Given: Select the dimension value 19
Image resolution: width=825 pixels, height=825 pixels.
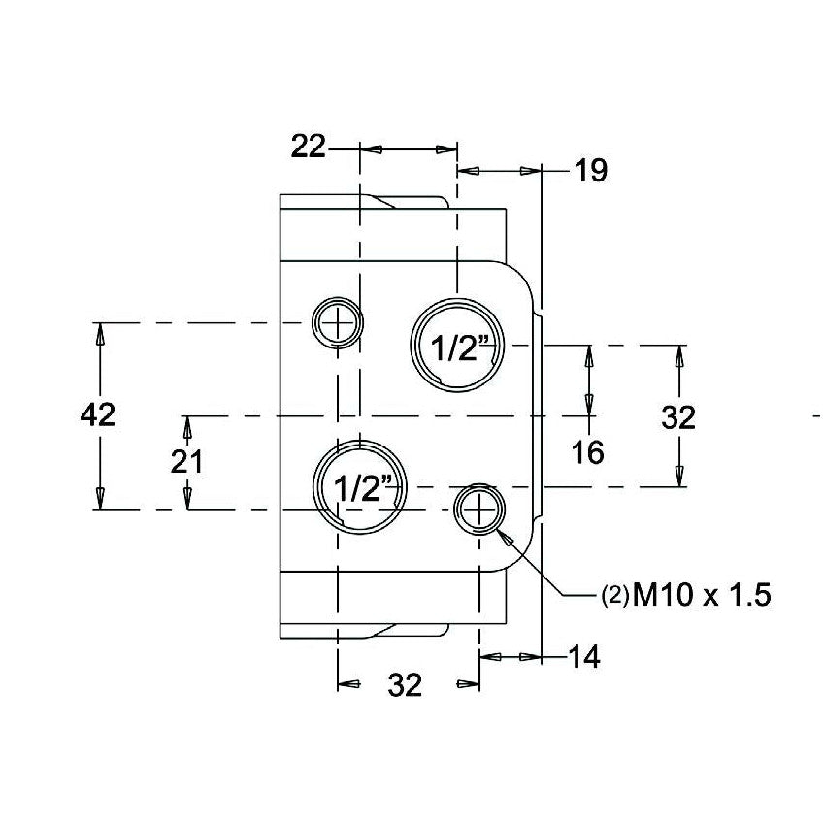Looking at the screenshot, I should tap(589, 171).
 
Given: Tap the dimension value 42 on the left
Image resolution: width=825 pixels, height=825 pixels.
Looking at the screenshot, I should tap(97, 414).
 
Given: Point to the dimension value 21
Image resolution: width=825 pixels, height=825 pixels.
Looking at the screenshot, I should tap(185, 462).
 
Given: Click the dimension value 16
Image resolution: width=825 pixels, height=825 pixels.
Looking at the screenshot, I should tap(588, 451).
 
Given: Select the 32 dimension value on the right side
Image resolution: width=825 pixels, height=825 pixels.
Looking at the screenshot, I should tap(678, 417).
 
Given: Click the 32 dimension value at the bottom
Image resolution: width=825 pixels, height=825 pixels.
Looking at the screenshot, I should tap(405, 685).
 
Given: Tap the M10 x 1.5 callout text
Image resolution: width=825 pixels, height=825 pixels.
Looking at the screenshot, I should tap(702, 595).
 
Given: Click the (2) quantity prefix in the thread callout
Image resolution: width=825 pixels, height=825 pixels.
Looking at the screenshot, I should tap(613, 596).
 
